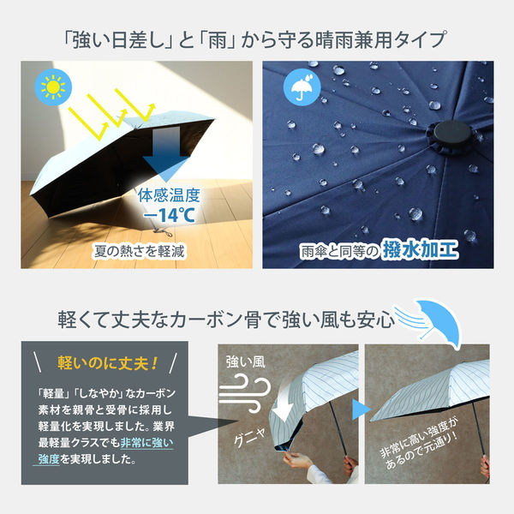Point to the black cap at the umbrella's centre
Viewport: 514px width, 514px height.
[452, 134]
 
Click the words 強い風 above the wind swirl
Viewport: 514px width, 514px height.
[246, 362]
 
